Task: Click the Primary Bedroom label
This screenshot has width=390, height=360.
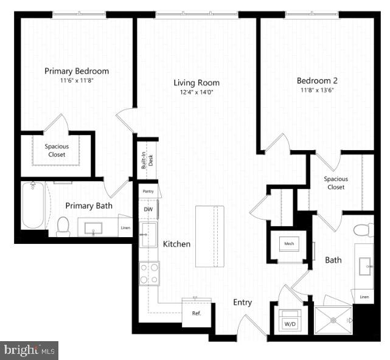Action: (x=77, y=71)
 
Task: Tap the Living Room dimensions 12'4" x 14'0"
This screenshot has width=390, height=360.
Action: (x=196, y=92)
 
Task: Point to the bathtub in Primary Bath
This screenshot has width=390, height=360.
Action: (x=33, y=205)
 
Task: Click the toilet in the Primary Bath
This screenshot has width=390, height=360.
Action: (x=63, y=226)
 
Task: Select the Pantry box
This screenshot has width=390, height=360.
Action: (x=148, y=191)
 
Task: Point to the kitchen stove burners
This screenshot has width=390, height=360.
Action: (x=150, y=273)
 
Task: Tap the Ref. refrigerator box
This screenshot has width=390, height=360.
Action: (x=197, y=314)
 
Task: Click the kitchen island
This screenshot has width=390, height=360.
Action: (x=209, y=236)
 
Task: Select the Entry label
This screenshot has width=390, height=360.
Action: (x=243, y=302)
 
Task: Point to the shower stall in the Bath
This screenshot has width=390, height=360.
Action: (x=333, y=318)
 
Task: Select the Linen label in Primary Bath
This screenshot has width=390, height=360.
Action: (x=125, y=228)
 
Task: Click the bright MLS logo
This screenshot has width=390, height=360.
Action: (x=30, y=350)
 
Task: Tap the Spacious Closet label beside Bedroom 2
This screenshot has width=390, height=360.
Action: (x=336, y=183)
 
